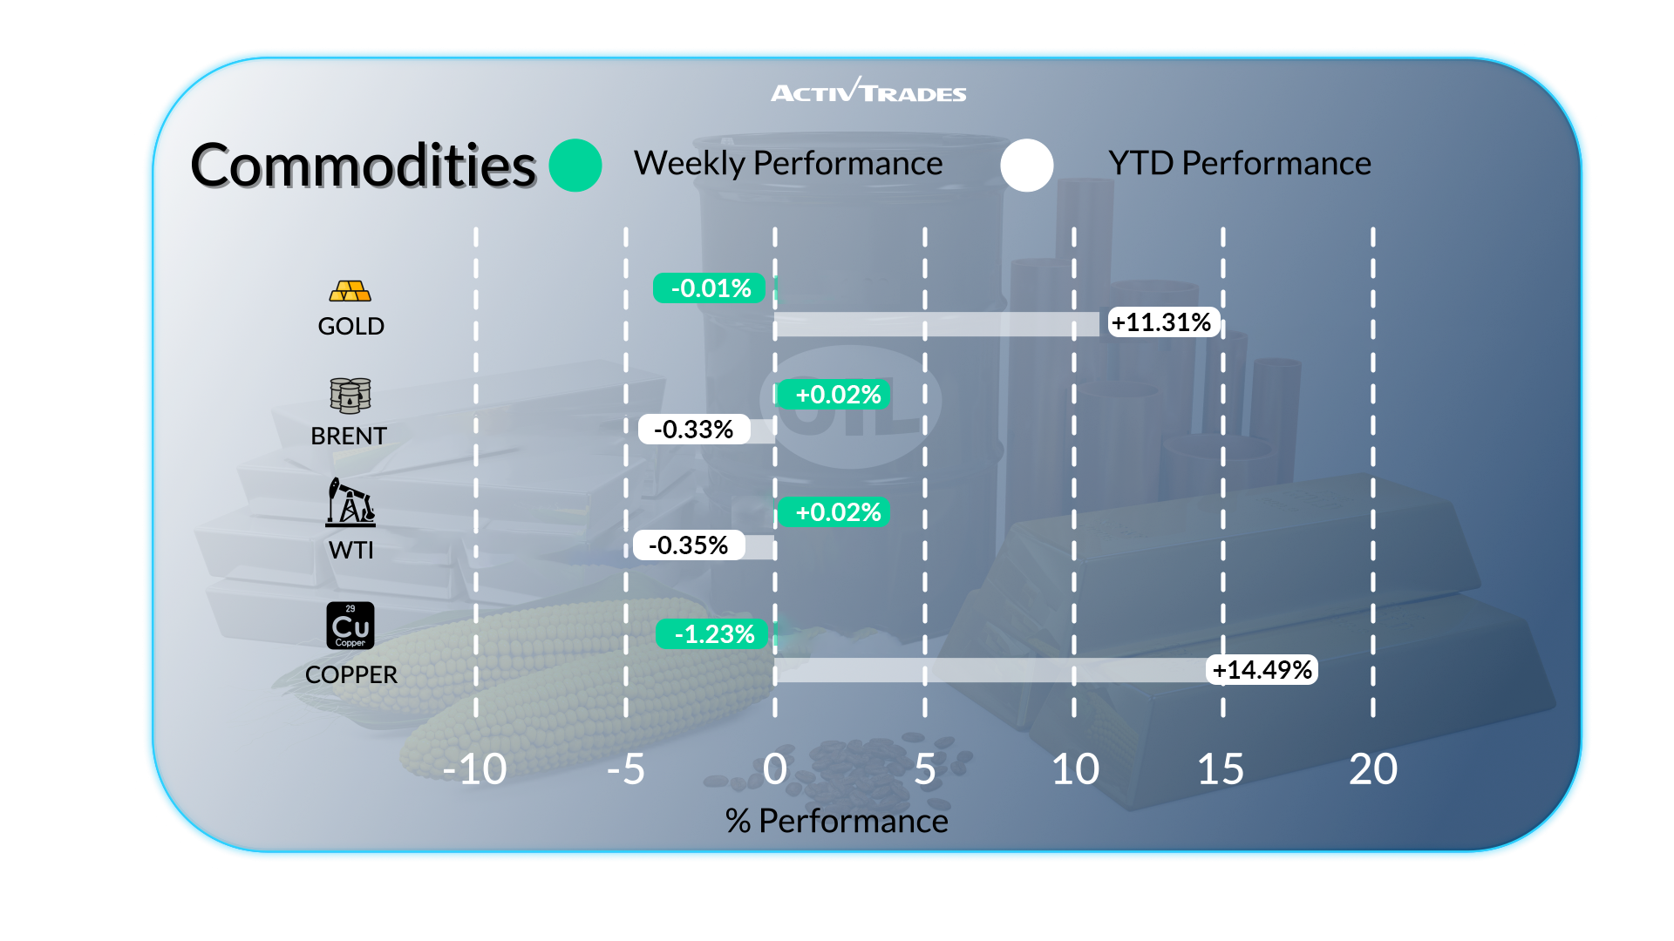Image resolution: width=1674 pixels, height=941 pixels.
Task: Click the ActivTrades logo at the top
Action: click(868, 91)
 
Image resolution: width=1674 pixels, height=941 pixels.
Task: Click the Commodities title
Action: click(363, 166)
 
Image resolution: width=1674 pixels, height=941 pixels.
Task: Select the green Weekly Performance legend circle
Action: click(575, 166)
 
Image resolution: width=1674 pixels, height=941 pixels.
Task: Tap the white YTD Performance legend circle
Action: click(1027, 166)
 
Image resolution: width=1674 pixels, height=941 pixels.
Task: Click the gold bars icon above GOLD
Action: click(350, 291)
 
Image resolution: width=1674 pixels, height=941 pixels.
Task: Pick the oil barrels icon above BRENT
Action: click(350, 396)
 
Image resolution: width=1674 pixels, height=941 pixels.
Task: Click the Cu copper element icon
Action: click(350, 626)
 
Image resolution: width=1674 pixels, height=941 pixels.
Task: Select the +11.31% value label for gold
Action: click(1162, 322)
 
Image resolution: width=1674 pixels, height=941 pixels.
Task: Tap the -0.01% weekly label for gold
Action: click(710, 288)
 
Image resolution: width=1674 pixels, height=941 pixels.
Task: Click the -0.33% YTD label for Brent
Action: click(694, 430)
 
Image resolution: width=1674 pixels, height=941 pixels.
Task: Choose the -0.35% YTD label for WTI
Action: click(689, 545)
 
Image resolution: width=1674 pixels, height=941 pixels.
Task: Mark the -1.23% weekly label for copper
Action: click(713, 634)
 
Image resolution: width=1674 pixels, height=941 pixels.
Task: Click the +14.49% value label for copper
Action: click(1262, 670)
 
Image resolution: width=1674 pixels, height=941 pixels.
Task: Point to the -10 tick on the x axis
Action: click(475, 769)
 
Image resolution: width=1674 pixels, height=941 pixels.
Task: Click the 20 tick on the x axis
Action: click(1372, 769)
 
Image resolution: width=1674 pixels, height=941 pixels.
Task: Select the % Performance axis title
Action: click(836, 821)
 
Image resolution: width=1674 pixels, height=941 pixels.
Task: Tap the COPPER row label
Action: click(350, 675)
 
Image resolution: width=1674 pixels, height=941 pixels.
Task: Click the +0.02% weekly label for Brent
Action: click(835, 395)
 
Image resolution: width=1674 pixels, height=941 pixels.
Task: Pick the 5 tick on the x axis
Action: click(925, 769)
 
